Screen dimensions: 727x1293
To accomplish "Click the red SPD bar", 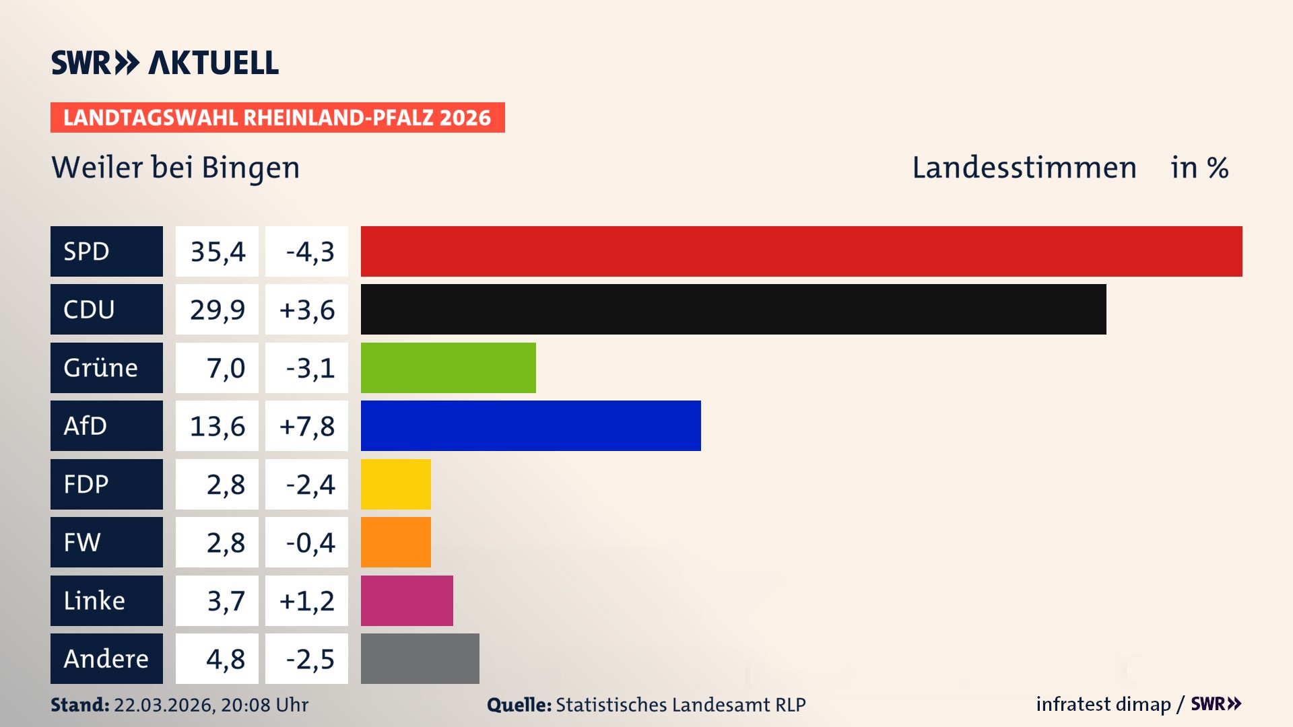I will (x=801, y=251).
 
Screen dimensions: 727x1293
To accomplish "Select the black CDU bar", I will (x=733, y=309).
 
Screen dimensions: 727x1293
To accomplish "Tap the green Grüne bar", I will (x=448, y=368).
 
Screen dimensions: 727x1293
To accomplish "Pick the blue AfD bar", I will (x=531, y=425).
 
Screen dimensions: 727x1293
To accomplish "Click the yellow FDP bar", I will (x=395, y=484).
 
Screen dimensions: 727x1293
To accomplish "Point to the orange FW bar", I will (x=395, y=542).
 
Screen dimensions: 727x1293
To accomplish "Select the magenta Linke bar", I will (x=407, y=600).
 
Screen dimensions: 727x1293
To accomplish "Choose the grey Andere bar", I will (x=420, y=658).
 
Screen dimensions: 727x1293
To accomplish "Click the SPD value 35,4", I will (x=217, y=252).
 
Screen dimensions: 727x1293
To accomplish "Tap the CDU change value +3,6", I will (x=306, y=310).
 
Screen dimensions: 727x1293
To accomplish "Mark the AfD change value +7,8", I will (x=306, y=426).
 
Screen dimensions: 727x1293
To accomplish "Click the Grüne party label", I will (x=101, y=368).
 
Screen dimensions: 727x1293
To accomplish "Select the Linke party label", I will (x=94, y=600).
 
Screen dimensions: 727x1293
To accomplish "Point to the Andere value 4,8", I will (x=225, y=659).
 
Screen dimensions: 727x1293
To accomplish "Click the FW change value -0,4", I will (x=310, y=543).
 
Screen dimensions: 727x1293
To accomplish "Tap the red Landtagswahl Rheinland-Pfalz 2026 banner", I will (x=277, y=118).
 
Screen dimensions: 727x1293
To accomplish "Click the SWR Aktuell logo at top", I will (x=165, y=63).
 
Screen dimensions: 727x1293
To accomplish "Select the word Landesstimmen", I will (x=1024, y=168).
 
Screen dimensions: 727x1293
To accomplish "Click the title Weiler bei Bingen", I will (x=176, y=168).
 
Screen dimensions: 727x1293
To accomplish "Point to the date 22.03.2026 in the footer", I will (x=163, y=705).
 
